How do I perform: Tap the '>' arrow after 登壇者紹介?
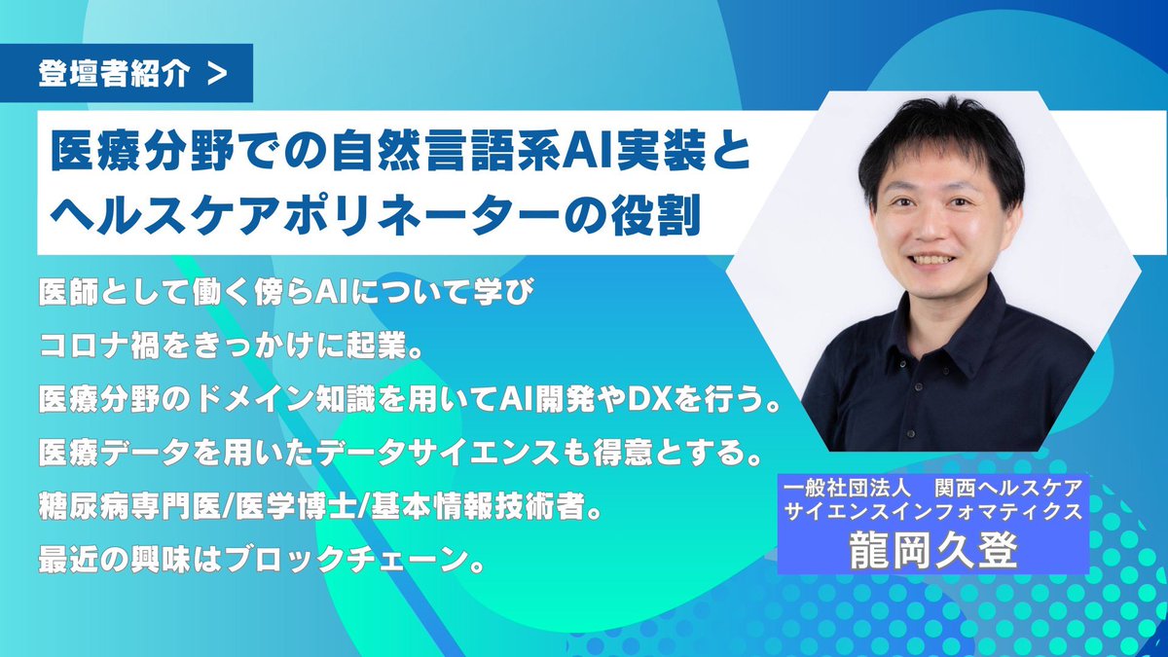click(x=218, y=76)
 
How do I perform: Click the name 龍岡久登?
click(x=931, y=550)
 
